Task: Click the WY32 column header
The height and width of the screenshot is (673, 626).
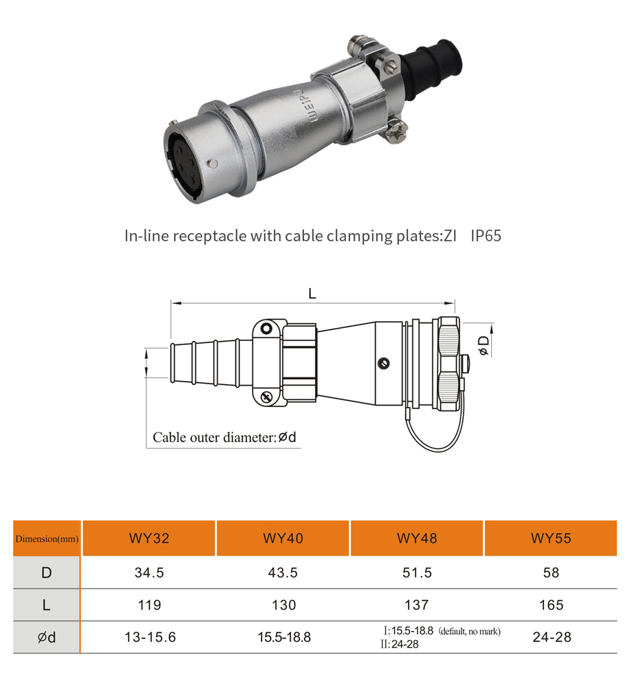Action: (x=149, y=538)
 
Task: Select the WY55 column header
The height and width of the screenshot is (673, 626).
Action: (x=551, y=538)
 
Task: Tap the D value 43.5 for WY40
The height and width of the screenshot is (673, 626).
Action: (x=283, y=573)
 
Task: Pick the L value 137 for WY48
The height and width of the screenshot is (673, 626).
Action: (x=417, y=605)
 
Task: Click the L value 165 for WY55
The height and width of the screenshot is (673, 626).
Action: (x=551, y=605)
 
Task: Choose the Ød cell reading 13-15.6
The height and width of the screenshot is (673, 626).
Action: (x=151, y=637)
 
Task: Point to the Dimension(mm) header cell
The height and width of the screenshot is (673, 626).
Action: (x=47, y=539)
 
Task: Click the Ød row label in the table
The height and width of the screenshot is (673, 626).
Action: (x=46, y=637)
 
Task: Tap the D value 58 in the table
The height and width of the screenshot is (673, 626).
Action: (x=551, y=573)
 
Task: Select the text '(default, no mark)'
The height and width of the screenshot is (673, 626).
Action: (x=470, y=631)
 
